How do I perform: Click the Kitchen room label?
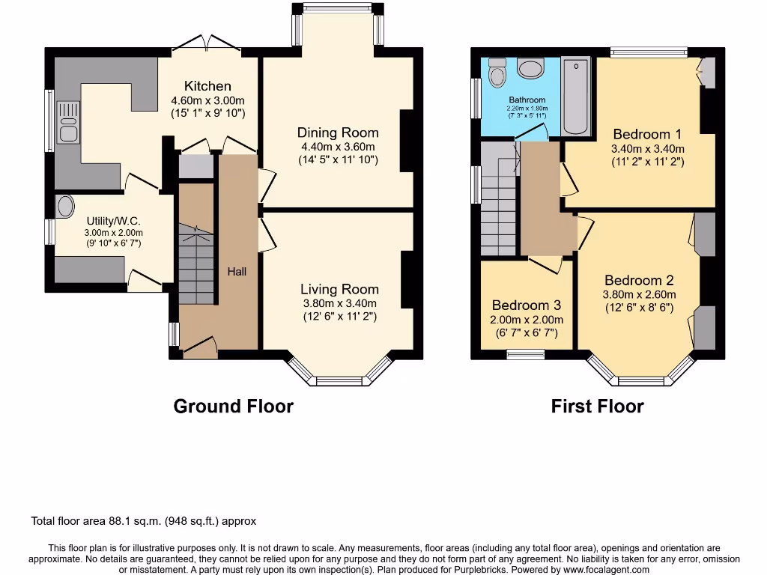tap(207, 86)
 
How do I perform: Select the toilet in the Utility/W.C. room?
tap(65, 205)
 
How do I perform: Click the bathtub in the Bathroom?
tap(576, 97)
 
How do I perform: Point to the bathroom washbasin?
tap(530, 70)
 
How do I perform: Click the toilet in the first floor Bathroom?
tap(497, 74)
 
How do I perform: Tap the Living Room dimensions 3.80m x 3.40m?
tap(339, 303)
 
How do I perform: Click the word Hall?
tap(237, 271)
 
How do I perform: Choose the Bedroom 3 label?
tap(526, 305)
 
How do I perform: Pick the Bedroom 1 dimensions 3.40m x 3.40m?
tap(647, 148)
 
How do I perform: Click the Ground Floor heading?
tap(233, 406)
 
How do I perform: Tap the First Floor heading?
tap(597, 406)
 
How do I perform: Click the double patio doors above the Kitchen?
tap(207, 45)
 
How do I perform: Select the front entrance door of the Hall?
tap(200, 346)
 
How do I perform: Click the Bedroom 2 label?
tap(639, 281)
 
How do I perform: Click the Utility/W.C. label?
tap(114, 221)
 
